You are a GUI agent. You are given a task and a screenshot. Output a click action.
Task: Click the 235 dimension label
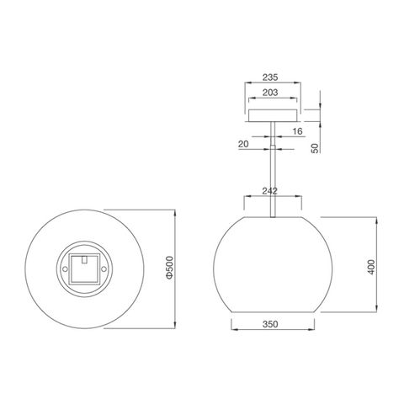point(270,77)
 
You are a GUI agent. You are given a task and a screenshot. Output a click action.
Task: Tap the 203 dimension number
point(270,93)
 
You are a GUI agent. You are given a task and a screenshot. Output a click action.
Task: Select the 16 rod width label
point(298,131)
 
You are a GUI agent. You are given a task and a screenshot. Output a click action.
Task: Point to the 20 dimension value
point(243,144)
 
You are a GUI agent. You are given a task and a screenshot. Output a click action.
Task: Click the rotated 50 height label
point(315,148)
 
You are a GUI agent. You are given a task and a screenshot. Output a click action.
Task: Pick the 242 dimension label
point(270,191)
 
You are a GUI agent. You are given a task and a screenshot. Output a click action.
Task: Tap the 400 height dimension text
point(371,267)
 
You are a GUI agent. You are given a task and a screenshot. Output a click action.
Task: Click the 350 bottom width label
point(270,324)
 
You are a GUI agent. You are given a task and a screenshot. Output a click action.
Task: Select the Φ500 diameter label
point(169,268)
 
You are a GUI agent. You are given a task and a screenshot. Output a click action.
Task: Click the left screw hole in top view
point(65,269)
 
